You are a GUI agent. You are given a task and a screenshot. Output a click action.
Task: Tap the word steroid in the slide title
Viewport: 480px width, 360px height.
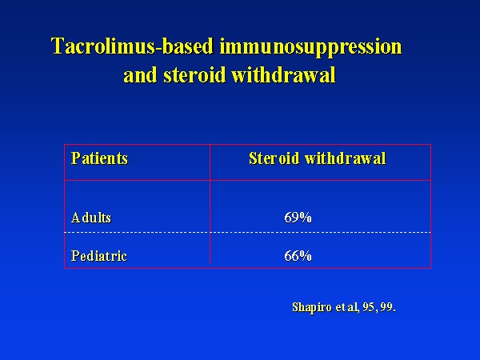(194, 74)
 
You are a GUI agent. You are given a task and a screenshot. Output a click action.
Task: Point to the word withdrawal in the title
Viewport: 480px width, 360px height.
(283, 74)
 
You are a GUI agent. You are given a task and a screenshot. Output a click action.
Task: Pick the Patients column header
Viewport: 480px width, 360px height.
(99, 158)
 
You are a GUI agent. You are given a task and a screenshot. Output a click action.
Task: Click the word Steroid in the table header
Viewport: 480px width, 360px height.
(274, 158)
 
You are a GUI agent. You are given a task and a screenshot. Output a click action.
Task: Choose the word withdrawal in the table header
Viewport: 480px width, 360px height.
(346, 158)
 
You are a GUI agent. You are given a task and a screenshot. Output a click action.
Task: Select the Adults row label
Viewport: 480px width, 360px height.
(91, 218)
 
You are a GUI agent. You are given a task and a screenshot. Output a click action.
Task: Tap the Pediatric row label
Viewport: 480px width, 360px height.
(99, 256)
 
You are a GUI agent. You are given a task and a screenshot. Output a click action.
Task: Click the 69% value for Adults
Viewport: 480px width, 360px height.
(298, 218)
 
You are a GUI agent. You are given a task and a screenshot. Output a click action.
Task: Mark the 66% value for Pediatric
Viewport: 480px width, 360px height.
(298, 256)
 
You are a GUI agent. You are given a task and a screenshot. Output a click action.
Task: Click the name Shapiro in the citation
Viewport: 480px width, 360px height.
(312, 307)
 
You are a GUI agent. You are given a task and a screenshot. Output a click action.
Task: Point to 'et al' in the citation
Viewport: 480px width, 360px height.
(346, 307)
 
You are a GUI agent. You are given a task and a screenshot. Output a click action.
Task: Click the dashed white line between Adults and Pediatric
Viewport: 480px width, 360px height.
(248, 233)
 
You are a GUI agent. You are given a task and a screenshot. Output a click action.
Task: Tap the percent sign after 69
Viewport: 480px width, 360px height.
(306, 218)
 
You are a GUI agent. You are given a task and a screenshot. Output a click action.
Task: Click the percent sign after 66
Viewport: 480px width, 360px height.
(306, 256)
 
